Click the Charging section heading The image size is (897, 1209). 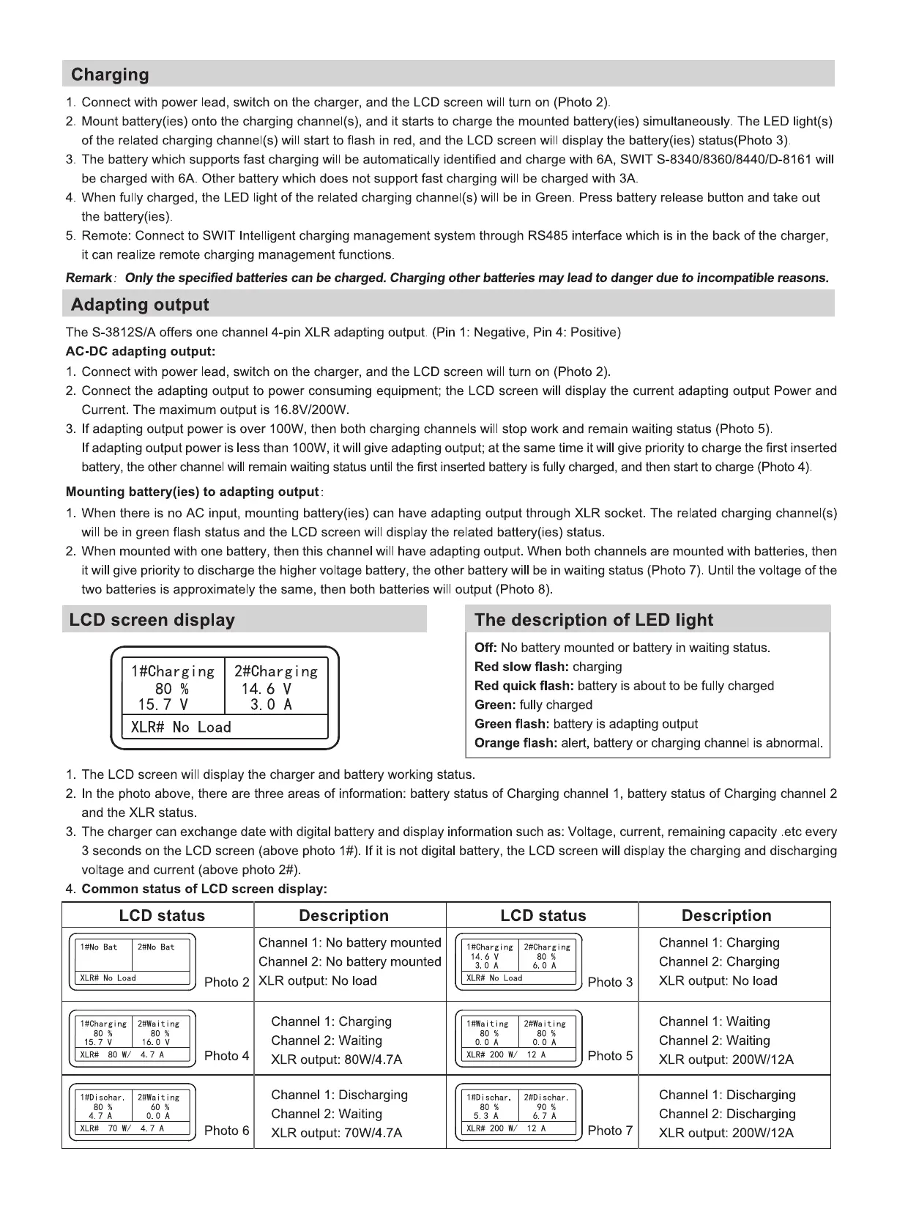coord(110,75)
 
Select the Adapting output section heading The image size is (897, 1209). coord(140,305)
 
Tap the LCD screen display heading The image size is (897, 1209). coord(152,620)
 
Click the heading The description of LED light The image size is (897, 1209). coord(593,620)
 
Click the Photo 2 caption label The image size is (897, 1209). coord(227,982)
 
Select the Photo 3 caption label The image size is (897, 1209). coord(610,982)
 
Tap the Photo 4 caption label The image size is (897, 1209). coord(227,1056)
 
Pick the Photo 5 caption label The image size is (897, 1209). coord(610,1056)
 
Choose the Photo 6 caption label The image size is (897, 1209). coord(227,1131)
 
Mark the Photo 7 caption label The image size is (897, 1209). coord(610,1131)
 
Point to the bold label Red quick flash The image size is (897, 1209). coord(524,686)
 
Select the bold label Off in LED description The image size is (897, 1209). coord(485,648)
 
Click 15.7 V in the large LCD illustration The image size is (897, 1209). coord(163,705)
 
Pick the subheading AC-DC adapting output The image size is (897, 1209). coord(141,352)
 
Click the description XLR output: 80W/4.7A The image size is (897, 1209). coord(336,1060)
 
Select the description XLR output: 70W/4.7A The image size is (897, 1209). coord(336,1133)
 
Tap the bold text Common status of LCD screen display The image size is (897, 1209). coord(204,889)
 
